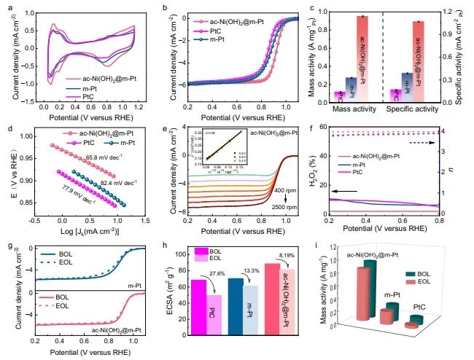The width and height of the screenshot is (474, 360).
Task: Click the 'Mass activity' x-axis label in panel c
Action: (351, 109)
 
